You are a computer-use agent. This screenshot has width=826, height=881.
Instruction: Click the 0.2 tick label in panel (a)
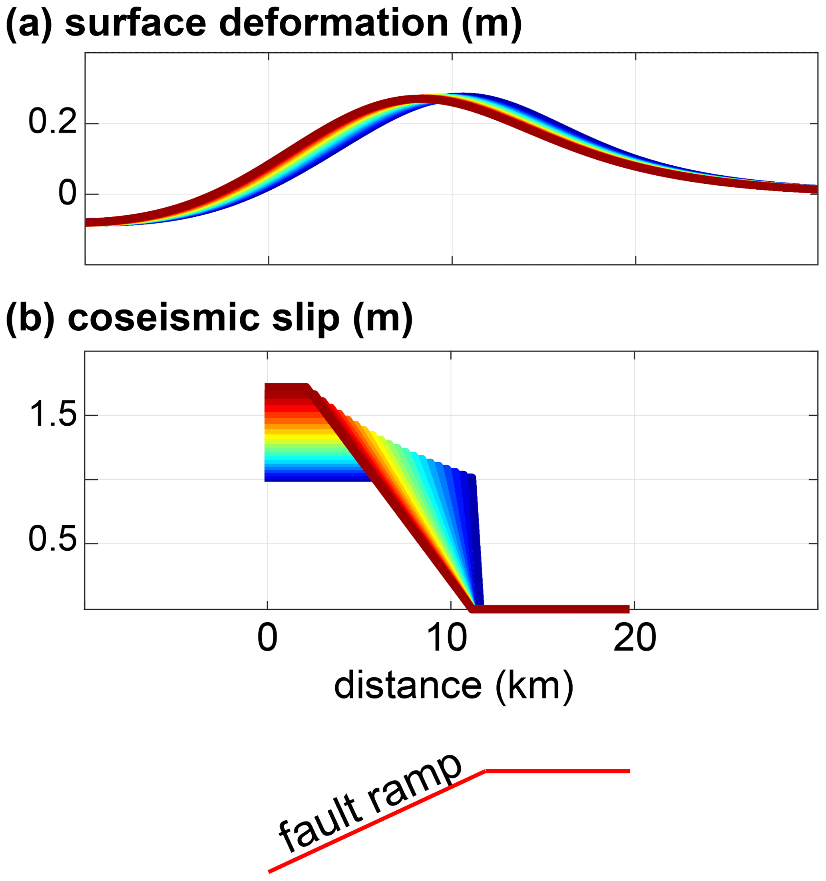point(52,122)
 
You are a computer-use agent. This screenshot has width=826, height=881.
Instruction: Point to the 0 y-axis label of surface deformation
point(67,194)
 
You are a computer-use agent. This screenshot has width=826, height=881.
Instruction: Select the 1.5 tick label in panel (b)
point(52,415)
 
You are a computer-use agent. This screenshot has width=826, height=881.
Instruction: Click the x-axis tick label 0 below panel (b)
point(267,639)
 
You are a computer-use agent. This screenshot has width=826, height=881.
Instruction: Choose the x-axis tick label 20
point(635,639)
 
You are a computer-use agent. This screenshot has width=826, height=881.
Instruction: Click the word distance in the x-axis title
point(408,686)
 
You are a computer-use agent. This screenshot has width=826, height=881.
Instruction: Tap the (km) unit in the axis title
point(534,686)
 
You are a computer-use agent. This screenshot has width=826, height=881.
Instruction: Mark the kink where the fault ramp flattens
point(485,772)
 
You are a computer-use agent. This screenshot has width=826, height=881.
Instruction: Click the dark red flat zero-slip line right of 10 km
point(554,609)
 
